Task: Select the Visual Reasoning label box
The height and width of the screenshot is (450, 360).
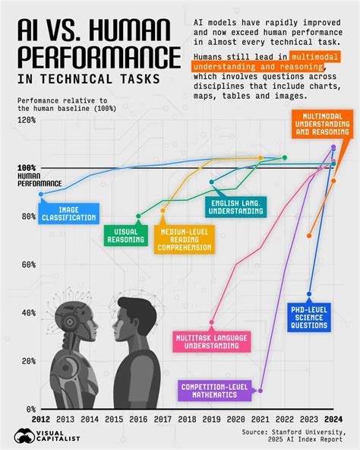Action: click(x=125, y=236)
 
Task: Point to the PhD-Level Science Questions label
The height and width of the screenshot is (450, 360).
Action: click(x=310, y=316)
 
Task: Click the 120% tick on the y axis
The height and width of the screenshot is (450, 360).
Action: click(x=26, y=120)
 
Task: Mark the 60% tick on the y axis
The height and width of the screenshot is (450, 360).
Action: click(x=26, y=265)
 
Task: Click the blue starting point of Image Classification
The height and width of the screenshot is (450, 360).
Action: click(x=40, y=195)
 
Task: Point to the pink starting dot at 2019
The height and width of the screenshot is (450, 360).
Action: click(x=212, y=322)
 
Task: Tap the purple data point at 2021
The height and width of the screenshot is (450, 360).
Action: click(x=260, y=391)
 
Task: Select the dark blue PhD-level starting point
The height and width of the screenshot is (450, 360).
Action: click(x=309, y=294)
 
